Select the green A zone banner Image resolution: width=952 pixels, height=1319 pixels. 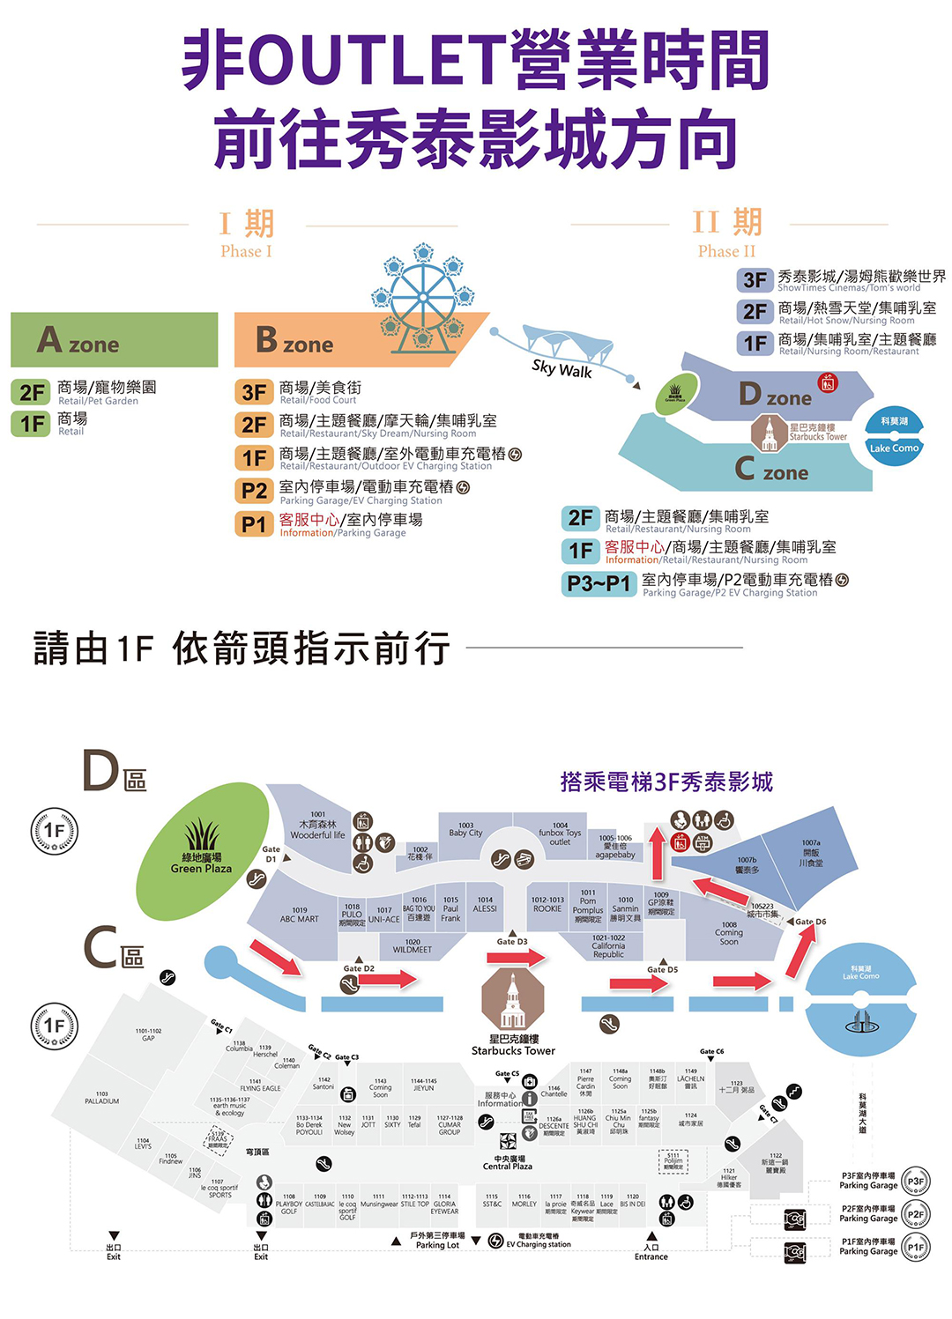coord(114,340)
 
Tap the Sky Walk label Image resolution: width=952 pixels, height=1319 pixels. coord(562,369)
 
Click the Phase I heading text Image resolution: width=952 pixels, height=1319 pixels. coord(247,233)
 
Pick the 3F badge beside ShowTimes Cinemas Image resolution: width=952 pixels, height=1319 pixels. coord(755,280)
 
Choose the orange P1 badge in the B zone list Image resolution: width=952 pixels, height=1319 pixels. coord(254,524)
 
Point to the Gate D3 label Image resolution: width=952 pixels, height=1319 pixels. coord(512,942)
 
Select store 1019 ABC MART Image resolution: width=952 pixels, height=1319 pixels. coord(299,915)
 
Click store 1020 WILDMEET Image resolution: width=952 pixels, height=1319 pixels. coord(413,946)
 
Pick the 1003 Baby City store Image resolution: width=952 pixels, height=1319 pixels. coord(465,829)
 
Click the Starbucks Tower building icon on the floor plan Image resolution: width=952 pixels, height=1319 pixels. coord(513,1000)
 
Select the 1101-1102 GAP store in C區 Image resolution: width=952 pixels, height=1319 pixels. coord(148,1034)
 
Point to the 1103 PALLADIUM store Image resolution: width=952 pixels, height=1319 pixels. coord(102,1098)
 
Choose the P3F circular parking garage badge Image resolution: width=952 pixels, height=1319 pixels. coord(916,1182)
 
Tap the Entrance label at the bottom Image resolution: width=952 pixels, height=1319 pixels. coord(651,1252)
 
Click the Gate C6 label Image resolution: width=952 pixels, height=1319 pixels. coord(711,1052)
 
